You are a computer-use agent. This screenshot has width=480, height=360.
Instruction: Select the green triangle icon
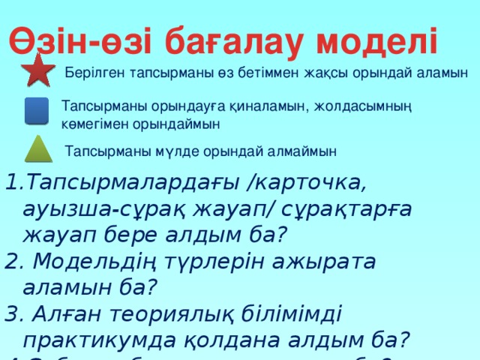pyautogui.click(x=37, y=149)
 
